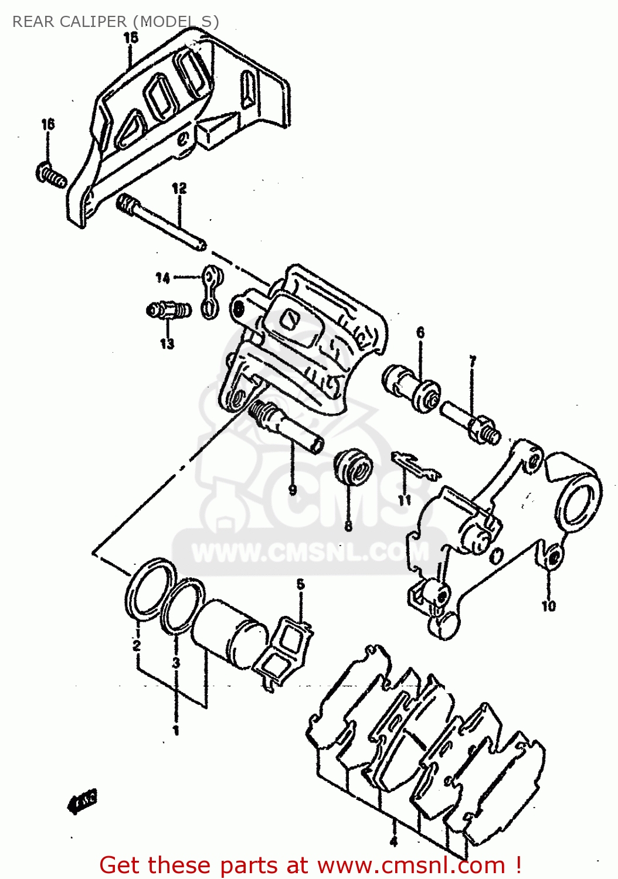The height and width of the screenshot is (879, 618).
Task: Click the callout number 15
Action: (131, 38)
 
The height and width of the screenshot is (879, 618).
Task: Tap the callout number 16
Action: (47, 124)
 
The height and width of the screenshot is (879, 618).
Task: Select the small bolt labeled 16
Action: (52, 175)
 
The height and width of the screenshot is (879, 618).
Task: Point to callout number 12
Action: (179, 188)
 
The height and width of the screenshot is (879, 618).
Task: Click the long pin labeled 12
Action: (161, 223)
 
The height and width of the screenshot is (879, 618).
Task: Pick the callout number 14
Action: (162, 278)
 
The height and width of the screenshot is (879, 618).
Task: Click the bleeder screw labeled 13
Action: (168, 309)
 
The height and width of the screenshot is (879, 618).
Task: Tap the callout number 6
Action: (420, 333)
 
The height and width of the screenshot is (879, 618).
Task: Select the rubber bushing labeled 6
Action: (412, 388)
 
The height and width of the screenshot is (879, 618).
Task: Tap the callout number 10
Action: (548, 605)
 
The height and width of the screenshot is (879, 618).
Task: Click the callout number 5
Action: (300, 584)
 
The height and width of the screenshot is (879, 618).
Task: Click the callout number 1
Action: (175, 730)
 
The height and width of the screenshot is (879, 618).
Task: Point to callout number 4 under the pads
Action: (393, 842)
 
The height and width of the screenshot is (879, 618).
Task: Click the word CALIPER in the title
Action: (93, 22)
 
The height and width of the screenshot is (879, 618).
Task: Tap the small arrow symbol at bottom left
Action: (83, 800)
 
